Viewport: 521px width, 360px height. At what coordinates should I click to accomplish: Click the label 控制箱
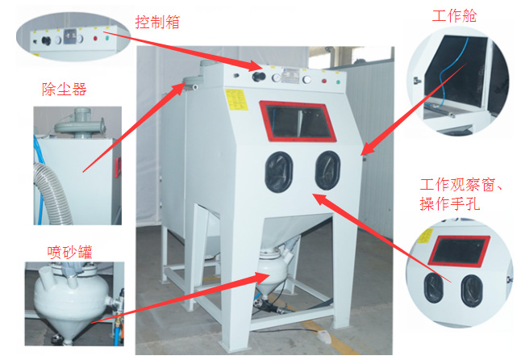point(158,23)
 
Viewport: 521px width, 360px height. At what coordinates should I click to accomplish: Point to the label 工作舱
point(451,16)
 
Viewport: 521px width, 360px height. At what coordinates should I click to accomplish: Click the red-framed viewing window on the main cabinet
point(297,121)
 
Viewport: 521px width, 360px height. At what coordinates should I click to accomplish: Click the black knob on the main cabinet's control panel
point(259,78)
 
